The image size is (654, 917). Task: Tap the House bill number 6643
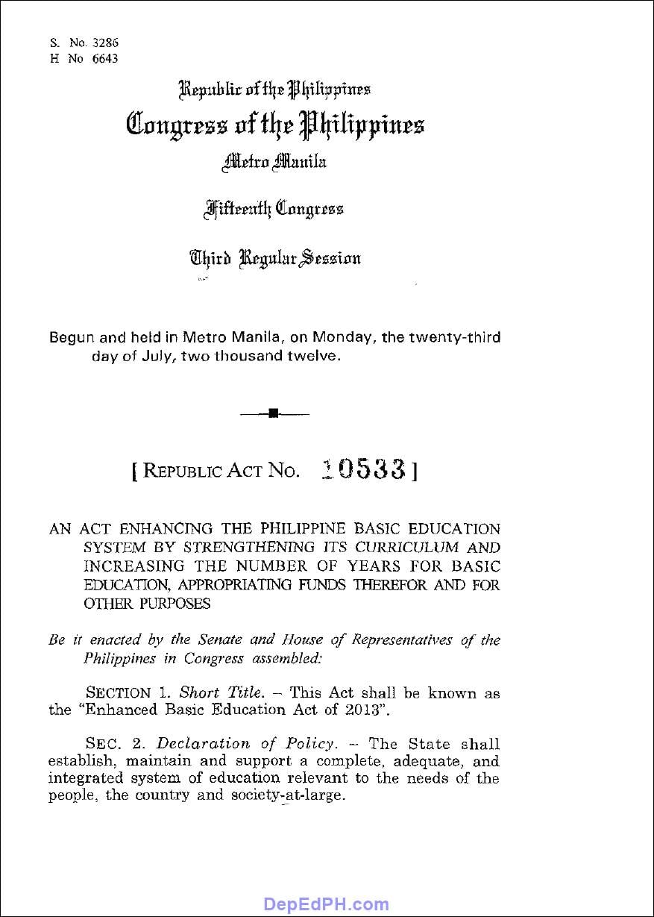tap(104, 59)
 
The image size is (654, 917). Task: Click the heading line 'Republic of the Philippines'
tap(274, 90)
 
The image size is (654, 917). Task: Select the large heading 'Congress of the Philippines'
tap(275, 124)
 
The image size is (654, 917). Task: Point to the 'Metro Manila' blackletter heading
tap(274, 160)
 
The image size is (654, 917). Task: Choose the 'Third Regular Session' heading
tap(274, 258)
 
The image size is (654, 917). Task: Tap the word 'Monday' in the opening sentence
tap(341, 337)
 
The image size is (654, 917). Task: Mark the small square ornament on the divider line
tap(273, 413)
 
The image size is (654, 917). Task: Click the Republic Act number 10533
tap(363, 469)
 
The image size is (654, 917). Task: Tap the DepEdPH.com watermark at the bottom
tap(326, 905)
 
